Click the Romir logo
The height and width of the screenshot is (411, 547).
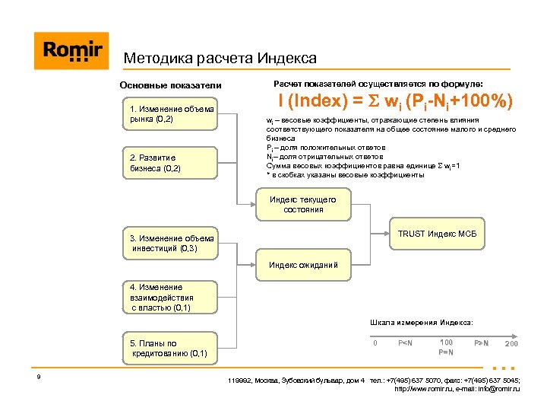click(71, 51)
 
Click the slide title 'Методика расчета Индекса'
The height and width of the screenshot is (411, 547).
click(220, 58)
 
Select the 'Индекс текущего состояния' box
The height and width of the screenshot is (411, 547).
click(303, 204)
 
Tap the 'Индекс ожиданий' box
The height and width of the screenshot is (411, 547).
click(303, 265)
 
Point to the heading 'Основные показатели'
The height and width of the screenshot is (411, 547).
click(170, 84)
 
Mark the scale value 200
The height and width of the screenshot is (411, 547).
click(511, 344)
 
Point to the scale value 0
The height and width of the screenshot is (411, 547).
click(375, 343)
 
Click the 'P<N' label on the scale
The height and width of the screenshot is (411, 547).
click(405, 343)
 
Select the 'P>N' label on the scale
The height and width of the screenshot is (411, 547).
click(481, 343)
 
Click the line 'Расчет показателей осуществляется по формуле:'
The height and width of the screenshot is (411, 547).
click(378, 83)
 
